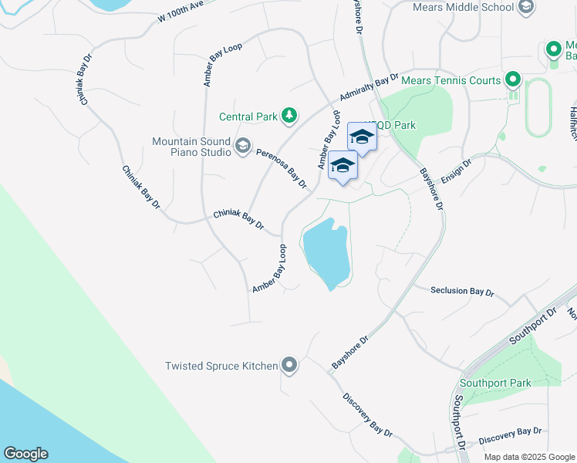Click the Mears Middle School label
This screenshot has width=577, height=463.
(x=464, y=7)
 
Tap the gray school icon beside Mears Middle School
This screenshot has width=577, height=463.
(x=526, y=8)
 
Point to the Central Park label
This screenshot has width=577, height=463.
(x=248, y=117)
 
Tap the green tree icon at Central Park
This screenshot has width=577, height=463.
(x=289, y=116)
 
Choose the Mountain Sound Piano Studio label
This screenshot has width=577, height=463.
(x=191, y=147)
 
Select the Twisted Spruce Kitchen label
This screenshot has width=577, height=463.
(x=221, y=366)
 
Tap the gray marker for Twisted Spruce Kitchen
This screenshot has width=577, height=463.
(x=289, y=365)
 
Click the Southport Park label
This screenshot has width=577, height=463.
(x=495, y=383)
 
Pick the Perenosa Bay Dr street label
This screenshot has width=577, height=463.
(x=282, y=168)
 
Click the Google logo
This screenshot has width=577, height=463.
(x=25, y=454)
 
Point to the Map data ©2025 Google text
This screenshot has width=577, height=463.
(x=529, y=457)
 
